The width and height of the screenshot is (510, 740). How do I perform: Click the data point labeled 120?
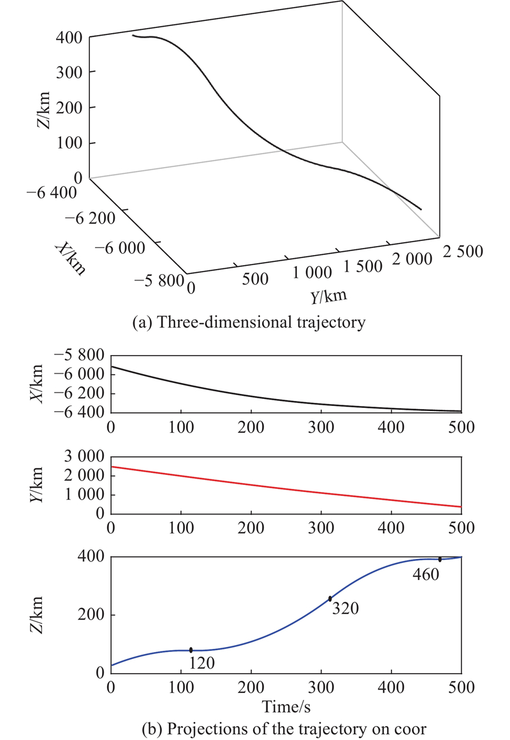click(x=191, y=649)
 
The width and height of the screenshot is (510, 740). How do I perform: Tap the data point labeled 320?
click(x=330, y=599)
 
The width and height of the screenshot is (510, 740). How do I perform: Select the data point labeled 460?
click(x=440, y=559)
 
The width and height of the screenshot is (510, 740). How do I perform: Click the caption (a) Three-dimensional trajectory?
click(x=248, y=323)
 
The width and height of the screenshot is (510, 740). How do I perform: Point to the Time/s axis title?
click(x=286, y=705)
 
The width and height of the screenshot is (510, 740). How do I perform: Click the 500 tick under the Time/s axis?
click(x=461, y=689)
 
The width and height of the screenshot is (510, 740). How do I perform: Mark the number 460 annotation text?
click(x=425, y=574)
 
